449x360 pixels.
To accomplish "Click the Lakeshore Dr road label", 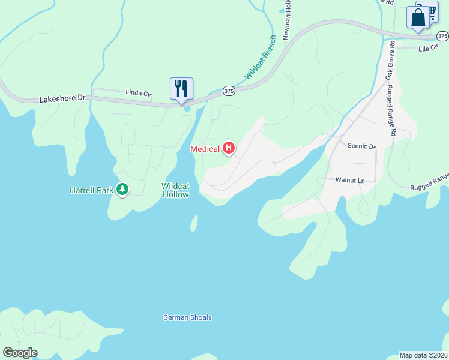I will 63,97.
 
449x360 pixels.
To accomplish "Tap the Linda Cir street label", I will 138,92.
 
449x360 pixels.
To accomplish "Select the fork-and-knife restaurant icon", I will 181,89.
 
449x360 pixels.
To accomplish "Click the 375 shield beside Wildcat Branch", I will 229,91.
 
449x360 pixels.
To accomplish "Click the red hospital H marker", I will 228,147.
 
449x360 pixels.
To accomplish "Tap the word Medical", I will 205,149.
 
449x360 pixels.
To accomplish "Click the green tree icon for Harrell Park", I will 122,190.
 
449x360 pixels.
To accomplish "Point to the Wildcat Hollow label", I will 175,190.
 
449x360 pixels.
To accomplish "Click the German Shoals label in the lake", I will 187,317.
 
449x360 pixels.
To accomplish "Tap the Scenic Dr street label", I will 361,146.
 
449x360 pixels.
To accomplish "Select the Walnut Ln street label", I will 350,180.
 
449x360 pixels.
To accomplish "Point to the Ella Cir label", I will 429,49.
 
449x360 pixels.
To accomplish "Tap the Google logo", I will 19,353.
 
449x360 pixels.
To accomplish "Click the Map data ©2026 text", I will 423,355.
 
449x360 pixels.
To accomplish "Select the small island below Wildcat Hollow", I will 194,224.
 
